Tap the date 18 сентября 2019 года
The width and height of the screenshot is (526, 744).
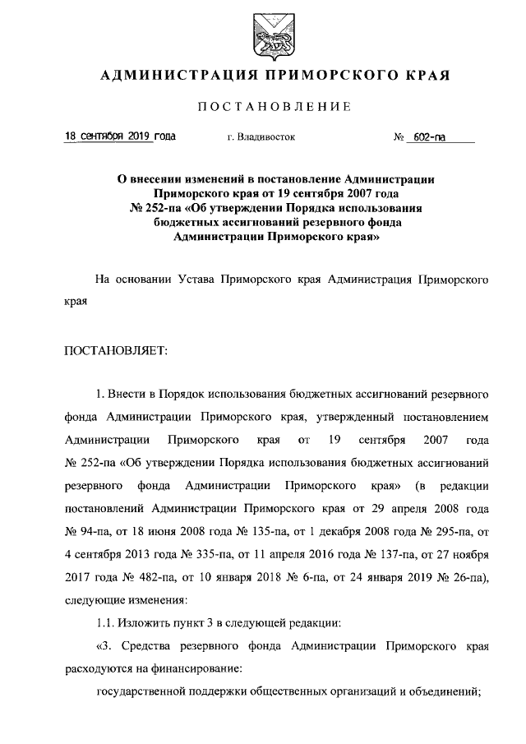pyautogui.click(x=120, y=137)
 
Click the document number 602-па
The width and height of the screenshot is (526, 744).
pyautogui.click(x=430, y=138)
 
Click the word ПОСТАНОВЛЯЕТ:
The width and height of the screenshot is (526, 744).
pyautogui.click(x=115, y=351)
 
